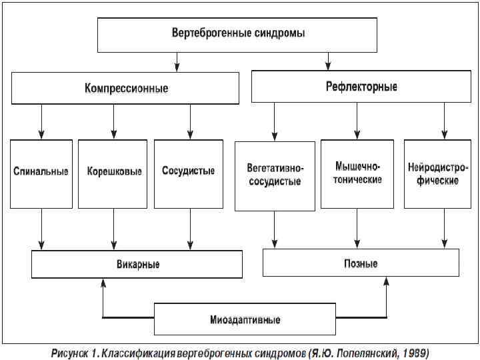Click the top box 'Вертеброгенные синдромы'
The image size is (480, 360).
pos(239,33)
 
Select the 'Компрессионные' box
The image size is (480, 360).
pos(125,88)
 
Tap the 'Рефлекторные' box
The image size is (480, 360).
pos(361,87)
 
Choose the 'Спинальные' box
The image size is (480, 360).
pos(41,172)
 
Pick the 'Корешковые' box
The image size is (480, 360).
pos(113,172)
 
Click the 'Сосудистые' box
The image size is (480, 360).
pos(189,171)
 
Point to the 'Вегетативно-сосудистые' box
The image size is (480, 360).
pos(275,175)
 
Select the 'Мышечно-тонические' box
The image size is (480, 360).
pos(358,173)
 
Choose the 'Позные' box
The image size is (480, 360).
pos(361,263)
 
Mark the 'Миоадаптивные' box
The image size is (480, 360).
pos(245,319)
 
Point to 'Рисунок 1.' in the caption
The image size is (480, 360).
pos(75,351)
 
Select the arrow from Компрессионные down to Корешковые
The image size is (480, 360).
pos(114,121)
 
